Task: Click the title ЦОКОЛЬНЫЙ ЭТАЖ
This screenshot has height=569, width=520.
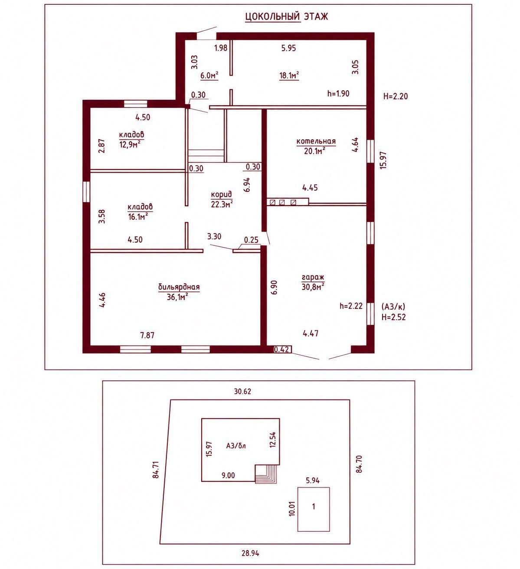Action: pyautogui.click(x=286, y=16)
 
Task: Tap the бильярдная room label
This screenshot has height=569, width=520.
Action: pyautogui.click(x=179, y=287)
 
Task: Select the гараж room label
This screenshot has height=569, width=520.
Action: pyautogui.click(x=313, y=277)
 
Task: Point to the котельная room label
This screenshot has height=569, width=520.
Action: pyautogui.click(x=316, y=141)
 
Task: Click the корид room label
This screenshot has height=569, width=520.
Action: pyautogui.click(x=221, y=195)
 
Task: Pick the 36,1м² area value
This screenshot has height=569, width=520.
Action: pyautogui.click(x=178, y=297)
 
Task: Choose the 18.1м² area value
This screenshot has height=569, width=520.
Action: pyautogui.click(x=289, y=75)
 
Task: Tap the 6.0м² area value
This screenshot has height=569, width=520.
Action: pyautogui.click(x=209, y=75)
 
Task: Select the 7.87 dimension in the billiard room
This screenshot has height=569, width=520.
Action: pyautogui.click(x=147, y=335)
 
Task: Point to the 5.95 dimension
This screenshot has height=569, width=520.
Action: pyautogui.click(x=288, y=48)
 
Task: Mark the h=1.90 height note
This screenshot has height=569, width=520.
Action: pyautogui.click(x=338, y=93)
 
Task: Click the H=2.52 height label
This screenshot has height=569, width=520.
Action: pyautogui.click(x=393, y=317)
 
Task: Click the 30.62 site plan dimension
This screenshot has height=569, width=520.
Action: pyautogui.click(x=242, y=392)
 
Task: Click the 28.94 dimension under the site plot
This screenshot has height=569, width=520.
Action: pyautogui.click(x=250, y=553)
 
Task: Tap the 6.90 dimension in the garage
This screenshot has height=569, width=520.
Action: pyautogui.click(x=274, y=288)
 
